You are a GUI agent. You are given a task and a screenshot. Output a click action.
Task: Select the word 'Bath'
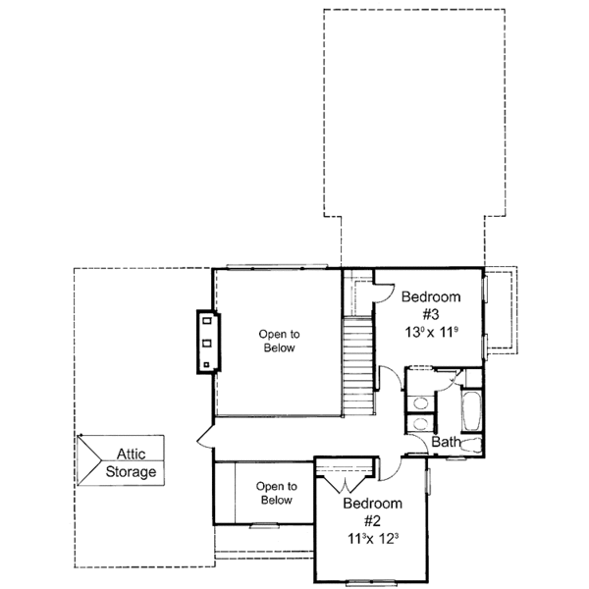pyautogui.click(x=447, y=443)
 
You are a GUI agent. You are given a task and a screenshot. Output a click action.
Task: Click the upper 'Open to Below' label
pyautogui.click(x=279, y=341)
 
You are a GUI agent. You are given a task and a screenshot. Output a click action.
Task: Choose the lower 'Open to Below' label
pyautogui.click(x=276, y=493)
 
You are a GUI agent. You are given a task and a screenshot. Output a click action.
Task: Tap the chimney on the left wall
pyautogui.click(x=208, y=341)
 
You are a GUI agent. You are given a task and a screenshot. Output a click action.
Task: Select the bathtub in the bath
pyautogui.click(x=470, y=412)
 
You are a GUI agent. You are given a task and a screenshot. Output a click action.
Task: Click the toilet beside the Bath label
pyautogui.click(x=473, y=447)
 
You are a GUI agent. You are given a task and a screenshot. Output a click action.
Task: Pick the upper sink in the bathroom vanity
pyautogui.click(x=419, y=402)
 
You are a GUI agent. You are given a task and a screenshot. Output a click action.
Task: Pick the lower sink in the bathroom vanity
pyautogui.click(x=419, y=424)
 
